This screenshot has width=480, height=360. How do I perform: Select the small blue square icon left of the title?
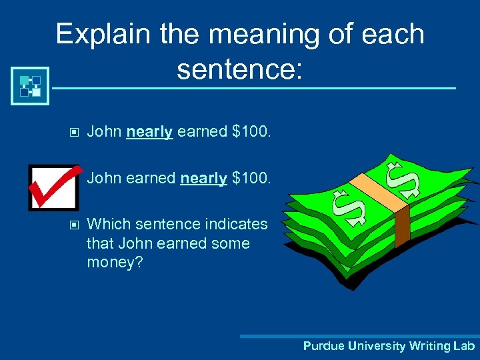tap(30, 85)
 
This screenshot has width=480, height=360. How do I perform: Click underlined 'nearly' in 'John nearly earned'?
tap(149, 132)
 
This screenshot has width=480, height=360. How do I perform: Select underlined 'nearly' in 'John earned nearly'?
tap(203, 178)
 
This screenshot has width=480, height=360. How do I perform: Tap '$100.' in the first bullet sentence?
tap(251, 132)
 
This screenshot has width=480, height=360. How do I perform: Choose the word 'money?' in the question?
tap(111, 263)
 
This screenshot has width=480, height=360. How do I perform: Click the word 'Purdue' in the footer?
tap(323, 346)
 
